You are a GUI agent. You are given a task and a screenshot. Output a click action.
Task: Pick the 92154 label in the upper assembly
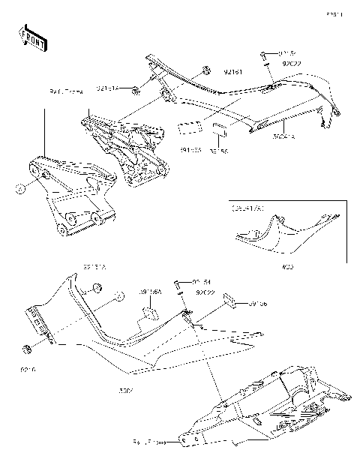click(x=288, y=54)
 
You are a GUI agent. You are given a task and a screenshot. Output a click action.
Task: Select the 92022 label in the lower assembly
click(x=203, y=292)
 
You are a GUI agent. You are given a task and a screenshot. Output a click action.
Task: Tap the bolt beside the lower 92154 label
click(x=178, y=285)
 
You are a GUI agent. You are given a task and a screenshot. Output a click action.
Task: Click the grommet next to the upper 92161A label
click(x=136, y=91)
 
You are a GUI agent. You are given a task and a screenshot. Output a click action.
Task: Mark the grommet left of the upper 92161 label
click(x=204, y=73)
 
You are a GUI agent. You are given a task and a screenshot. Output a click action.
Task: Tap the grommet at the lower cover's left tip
click(x=26, y=349)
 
